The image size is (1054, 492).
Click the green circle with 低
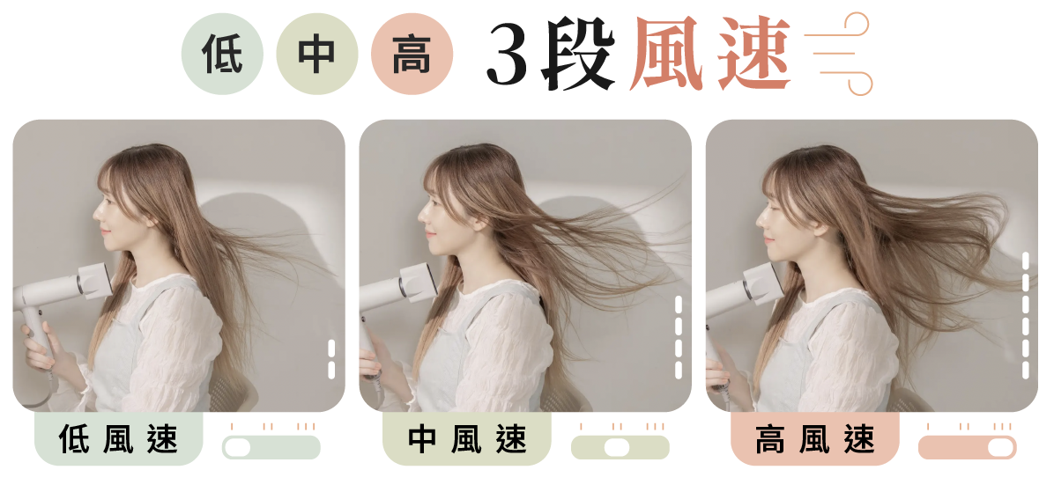(222, 54)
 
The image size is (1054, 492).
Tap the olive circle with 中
(317, 54)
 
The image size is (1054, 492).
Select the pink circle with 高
(412, 54)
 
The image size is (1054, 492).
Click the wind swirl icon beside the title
(837, 54)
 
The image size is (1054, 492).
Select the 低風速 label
(119, 440)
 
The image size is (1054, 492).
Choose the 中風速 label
(467, 440)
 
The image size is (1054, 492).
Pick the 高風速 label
(815, 440)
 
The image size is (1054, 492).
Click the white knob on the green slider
(237, 448)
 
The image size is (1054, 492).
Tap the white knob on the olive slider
(616, 448)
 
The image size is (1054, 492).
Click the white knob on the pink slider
(1002, 448)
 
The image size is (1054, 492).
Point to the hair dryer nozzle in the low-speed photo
(95, 281)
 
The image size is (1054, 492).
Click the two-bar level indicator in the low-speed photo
(331, 359)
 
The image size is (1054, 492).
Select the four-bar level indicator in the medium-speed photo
(679, 337)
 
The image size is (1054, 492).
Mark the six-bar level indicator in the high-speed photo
(1025, 315)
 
